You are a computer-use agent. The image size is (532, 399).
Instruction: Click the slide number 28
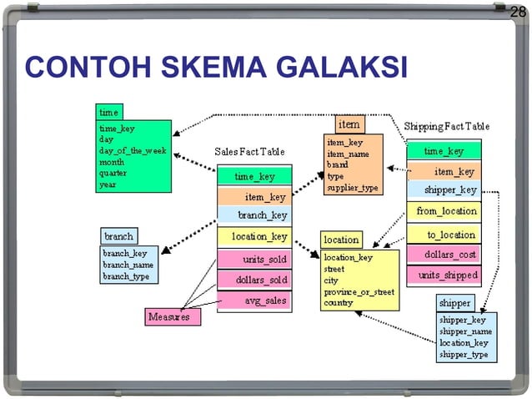point(518,11)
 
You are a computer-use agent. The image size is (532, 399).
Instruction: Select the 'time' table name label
point(108,112)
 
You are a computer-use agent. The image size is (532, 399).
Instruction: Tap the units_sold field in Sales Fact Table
point(254,260)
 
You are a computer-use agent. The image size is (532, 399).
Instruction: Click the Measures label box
point(168,317)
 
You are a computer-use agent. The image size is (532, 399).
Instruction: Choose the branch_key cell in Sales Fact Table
point(254,215)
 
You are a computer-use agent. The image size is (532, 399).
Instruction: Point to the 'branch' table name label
point(118,236)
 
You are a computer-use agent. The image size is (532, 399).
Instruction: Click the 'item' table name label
point(349,124)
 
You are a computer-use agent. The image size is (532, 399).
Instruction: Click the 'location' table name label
point(341,240)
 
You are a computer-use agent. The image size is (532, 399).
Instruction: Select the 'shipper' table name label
point(455,302)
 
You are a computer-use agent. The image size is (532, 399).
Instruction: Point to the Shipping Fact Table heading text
point(446,126)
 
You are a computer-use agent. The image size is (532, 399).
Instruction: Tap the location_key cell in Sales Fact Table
point(254,237)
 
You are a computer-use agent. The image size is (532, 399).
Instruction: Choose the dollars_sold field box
point(254,280)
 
